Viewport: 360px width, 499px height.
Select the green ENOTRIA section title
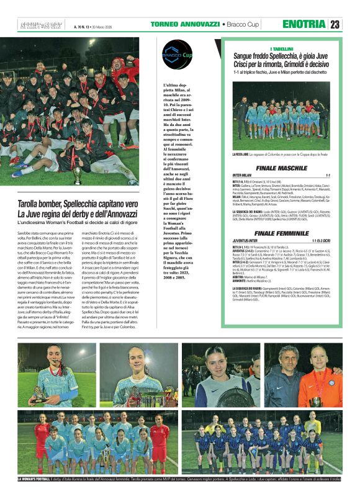pos(304,25)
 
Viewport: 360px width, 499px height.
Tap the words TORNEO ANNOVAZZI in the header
pos(184,25)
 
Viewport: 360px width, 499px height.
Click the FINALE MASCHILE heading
pos(281,168)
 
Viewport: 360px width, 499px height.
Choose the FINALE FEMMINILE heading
pos(281,233)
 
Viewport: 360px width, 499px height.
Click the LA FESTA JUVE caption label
pos(243,154)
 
